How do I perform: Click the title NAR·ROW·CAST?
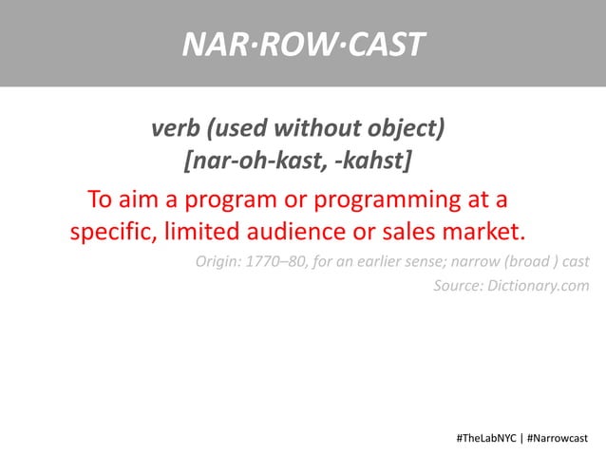tap(303, 43)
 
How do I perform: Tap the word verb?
tap(175, 126)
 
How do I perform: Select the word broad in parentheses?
tap(525, 261)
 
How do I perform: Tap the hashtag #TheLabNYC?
tap(486, 438)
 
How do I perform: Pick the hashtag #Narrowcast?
tap(558, 438)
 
